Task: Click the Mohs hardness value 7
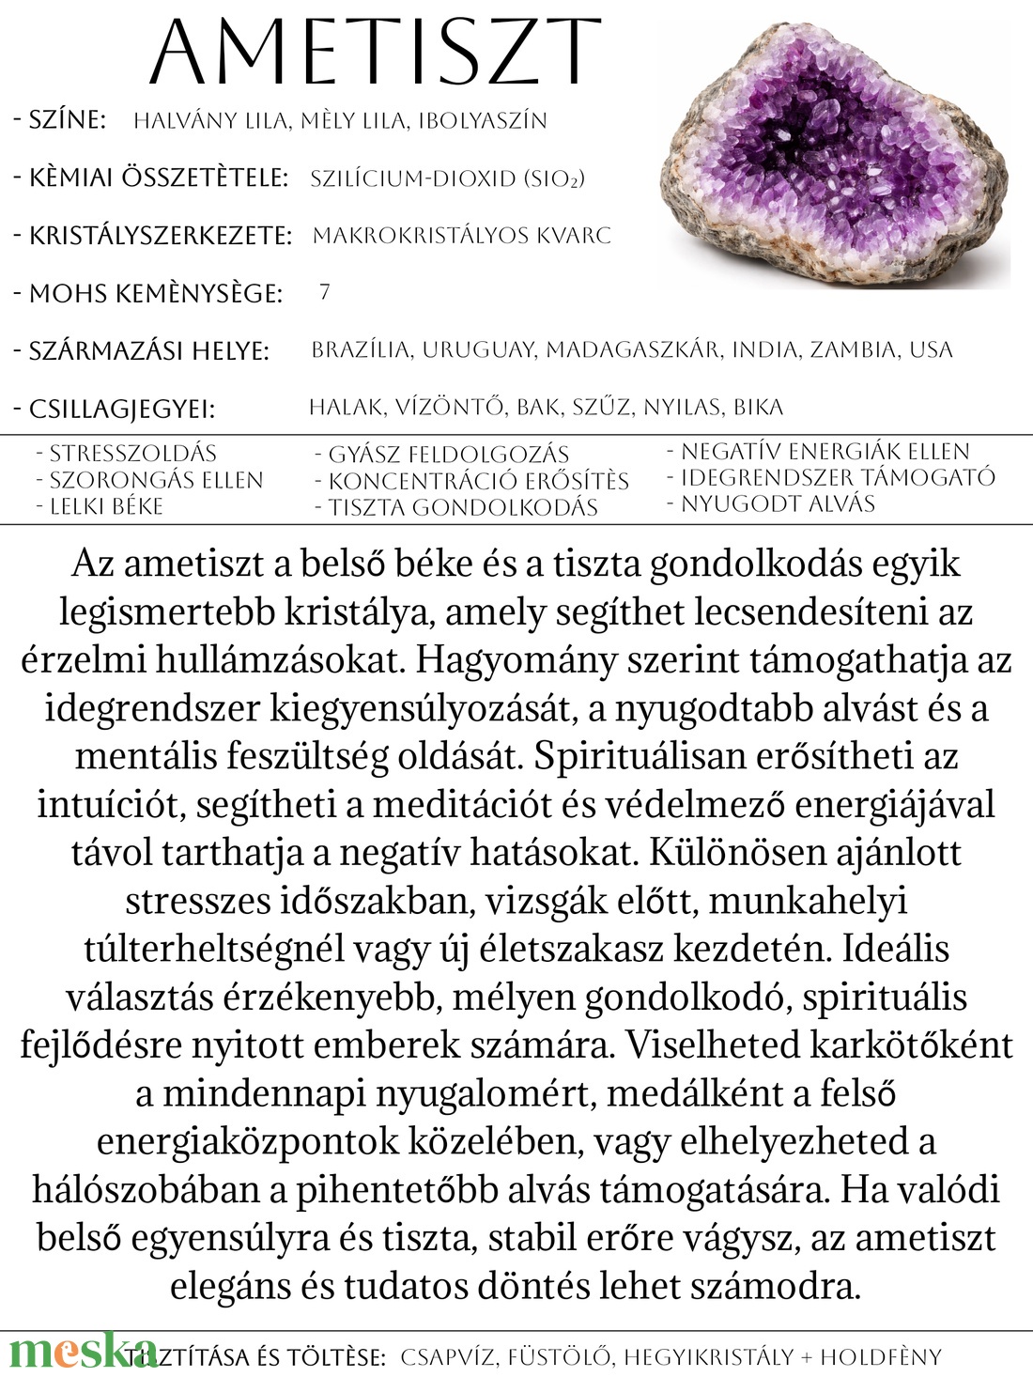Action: click(324, 292)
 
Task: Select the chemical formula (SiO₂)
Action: click(554, 178)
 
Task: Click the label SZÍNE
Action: click(67, 120)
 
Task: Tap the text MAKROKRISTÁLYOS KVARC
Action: click(461, 235)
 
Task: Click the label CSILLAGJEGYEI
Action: click(121, 410)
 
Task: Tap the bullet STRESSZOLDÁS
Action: click(132, 453)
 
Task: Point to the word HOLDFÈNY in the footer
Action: click(880, 1357)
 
